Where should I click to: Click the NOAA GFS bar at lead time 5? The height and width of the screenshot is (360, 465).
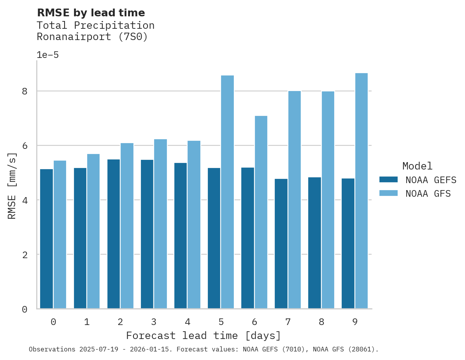pyautogui.click(x=227, y=192)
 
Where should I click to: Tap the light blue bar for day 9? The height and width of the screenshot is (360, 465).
pyautogui.click(x=361, y=191)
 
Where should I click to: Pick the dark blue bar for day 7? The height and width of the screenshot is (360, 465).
pyautogui.click(x=281, y=244)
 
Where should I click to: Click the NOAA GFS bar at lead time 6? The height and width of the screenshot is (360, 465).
pyautogui.click(x=261, y=212)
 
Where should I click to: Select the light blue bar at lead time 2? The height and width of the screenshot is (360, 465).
pyautogui.click(x=127, y=226)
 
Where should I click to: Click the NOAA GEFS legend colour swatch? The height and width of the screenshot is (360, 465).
pyautogui.click(x=388, y=180)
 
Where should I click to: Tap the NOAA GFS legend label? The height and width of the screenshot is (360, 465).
pyautogui.click(x=428, y=194)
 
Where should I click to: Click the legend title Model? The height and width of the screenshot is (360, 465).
pyautogui.click(x=417, y=166)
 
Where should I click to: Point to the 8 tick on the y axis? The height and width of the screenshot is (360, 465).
pyautogui.click(x=25, y=91)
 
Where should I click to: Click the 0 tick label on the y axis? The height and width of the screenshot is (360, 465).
pyautogui.click(x=25, y=309)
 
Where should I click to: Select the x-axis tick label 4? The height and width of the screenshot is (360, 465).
pyautogui.click(x=187, y=322)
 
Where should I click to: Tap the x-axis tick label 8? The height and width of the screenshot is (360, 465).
pyautogui.click(x=321, y=322)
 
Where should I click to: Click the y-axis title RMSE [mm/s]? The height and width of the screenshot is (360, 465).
pyautogui.click(x=12, y=186)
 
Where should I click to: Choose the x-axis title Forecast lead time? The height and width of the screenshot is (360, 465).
pyautogui.click(x=203, y=336)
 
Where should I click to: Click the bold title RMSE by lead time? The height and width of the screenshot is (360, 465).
pyautogui.click(x=91, y=13)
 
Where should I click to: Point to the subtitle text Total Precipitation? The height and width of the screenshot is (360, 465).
pyautogui.click(x=95, y=26)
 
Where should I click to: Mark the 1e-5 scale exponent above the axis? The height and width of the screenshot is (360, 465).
pyautogui.click(x=47, y=55)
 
